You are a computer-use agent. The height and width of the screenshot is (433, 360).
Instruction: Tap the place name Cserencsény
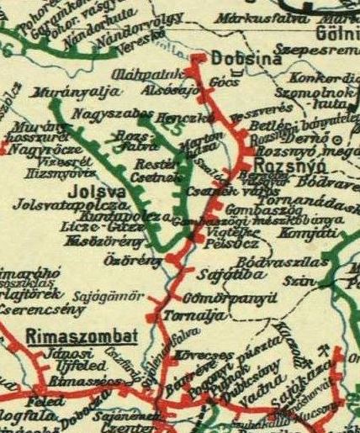pyautogui.click(x=37, y=309)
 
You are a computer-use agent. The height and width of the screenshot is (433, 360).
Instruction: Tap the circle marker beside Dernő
pyautogui.click(x=337, y=137)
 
